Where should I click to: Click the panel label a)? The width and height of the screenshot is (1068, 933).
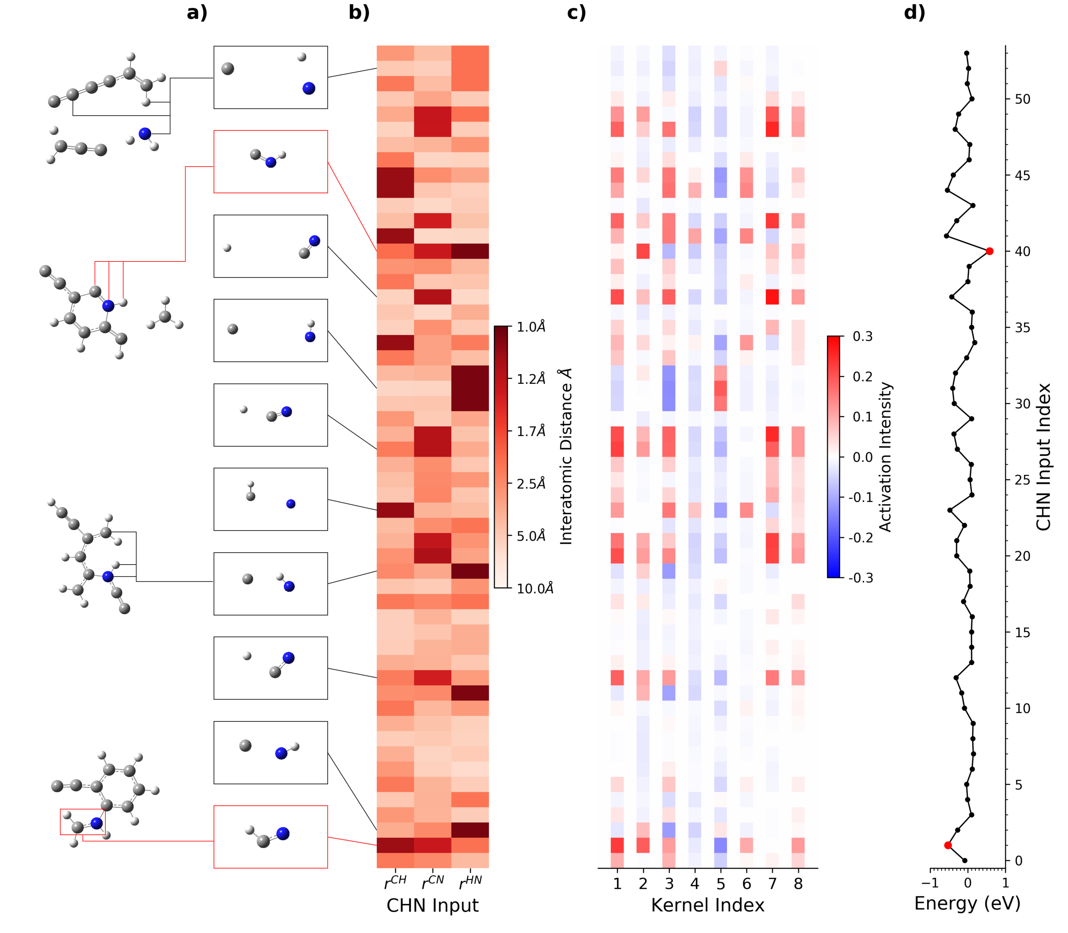197,12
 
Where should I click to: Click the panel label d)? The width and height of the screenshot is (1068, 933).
914,12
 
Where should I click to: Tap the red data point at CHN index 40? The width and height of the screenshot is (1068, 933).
989,252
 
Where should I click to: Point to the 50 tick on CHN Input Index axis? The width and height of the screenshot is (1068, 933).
1022,99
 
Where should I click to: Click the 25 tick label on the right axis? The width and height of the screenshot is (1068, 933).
1022,480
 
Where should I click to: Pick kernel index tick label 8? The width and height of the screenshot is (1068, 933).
798,884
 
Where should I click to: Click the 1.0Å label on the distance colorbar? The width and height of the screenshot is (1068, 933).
531,327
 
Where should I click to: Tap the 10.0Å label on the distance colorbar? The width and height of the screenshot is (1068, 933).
534,588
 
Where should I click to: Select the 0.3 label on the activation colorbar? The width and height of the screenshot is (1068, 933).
862,336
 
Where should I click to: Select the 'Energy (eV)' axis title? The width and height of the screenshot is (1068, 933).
967,903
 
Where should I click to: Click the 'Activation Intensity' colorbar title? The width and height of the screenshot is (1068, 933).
885,457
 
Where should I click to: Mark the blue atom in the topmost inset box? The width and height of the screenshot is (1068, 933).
309,89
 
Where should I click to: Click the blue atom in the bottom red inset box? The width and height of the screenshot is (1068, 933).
282,834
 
